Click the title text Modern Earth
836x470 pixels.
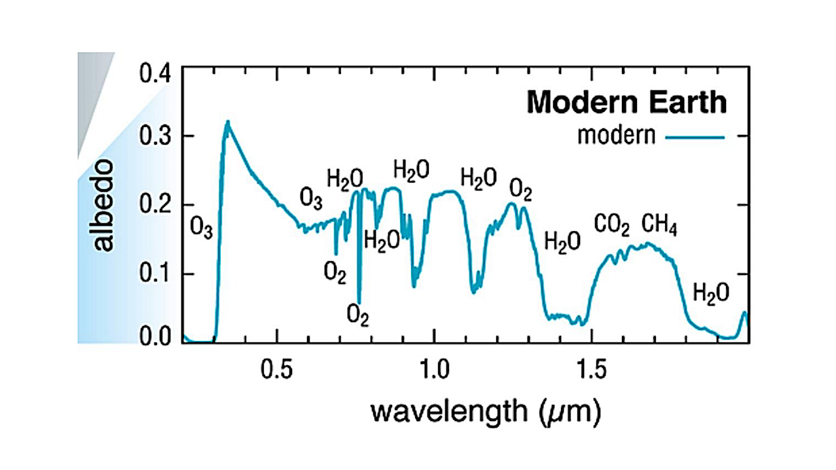point(627,103)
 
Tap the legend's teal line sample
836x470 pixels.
point(695,137)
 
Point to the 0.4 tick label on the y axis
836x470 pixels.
point(156,73)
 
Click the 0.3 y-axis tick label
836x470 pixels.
point(156,136)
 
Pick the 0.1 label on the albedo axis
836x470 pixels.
point(156,273)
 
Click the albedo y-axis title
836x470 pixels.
point(103,204)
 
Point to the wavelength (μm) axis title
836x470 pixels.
point(485,412)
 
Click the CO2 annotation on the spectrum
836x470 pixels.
point(611,226)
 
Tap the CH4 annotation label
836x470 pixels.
point(659,226)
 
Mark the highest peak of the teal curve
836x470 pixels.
point(227,122)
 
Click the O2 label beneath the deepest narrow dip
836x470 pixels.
point(358,316)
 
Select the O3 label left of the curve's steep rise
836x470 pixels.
point(202,229)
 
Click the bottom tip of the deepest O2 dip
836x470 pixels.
point(359,301)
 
